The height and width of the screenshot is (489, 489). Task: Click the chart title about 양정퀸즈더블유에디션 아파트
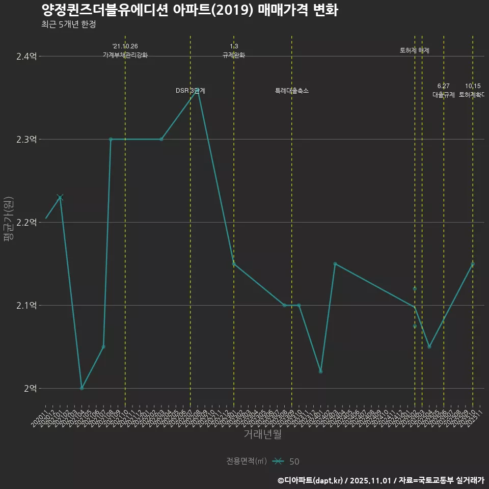(x=189, y=10)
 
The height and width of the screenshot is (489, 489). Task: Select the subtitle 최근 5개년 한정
(x=69, y=24)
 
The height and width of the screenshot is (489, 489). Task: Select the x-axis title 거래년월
(x=262, y=434)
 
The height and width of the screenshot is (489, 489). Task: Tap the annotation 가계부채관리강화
(x=125, y=55)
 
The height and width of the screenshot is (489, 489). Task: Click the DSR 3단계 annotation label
(x=191, y=91)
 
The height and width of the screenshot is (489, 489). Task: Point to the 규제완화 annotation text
(x=234, y=55)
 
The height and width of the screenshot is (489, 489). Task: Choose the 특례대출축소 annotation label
(x=292, y=91)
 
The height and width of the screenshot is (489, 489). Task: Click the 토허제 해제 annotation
(x=415, y=50)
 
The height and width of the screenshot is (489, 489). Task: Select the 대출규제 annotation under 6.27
(x=444, y=95)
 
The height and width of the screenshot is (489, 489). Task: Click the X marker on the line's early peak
(x=60, y=197)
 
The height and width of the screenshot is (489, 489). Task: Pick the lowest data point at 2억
(x=81, y=388)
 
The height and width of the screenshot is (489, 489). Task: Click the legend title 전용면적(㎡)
(x=247, y=461)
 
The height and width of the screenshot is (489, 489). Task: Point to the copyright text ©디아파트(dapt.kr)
(x=312, y=480)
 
